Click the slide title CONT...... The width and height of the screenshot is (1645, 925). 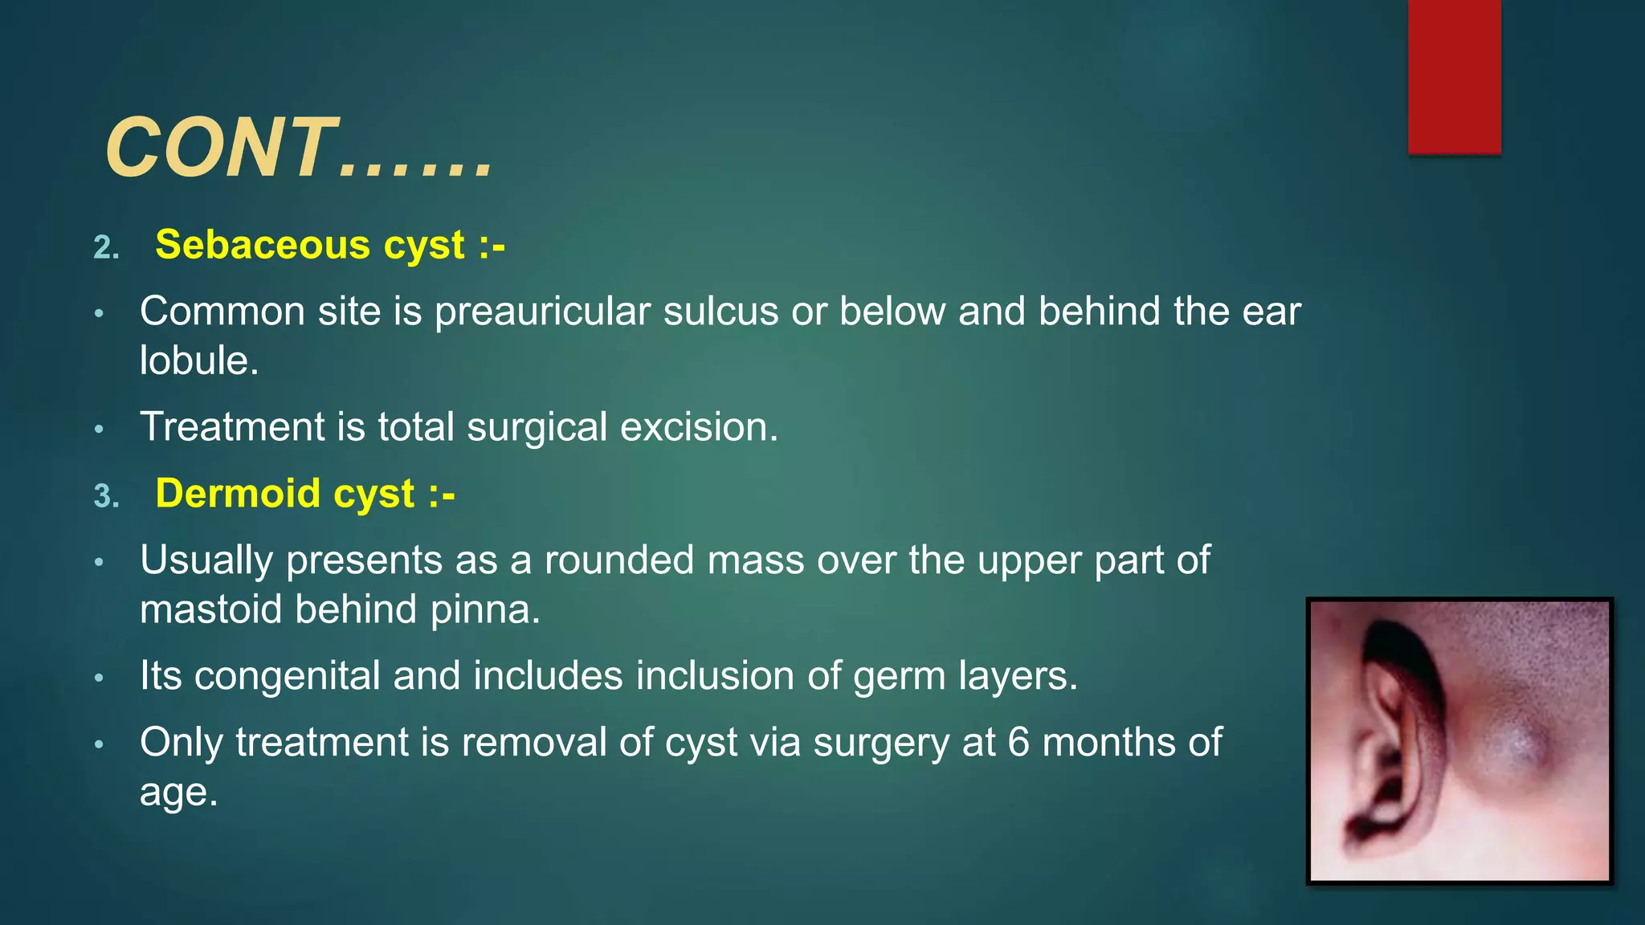click(299, 149)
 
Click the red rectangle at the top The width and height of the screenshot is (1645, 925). click(1454, 76)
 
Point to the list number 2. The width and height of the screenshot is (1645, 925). click(106, 247)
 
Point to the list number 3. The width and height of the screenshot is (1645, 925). click(106, 496)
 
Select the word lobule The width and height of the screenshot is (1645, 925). click(198, 361)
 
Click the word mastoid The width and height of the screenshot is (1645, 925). click(210, 609)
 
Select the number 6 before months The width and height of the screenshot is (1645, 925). click(1018, 742)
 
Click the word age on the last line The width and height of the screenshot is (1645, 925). click(178, 793)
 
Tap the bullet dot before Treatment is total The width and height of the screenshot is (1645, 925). click(99, 430)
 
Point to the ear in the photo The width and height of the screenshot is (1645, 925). click(1390, 739)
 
